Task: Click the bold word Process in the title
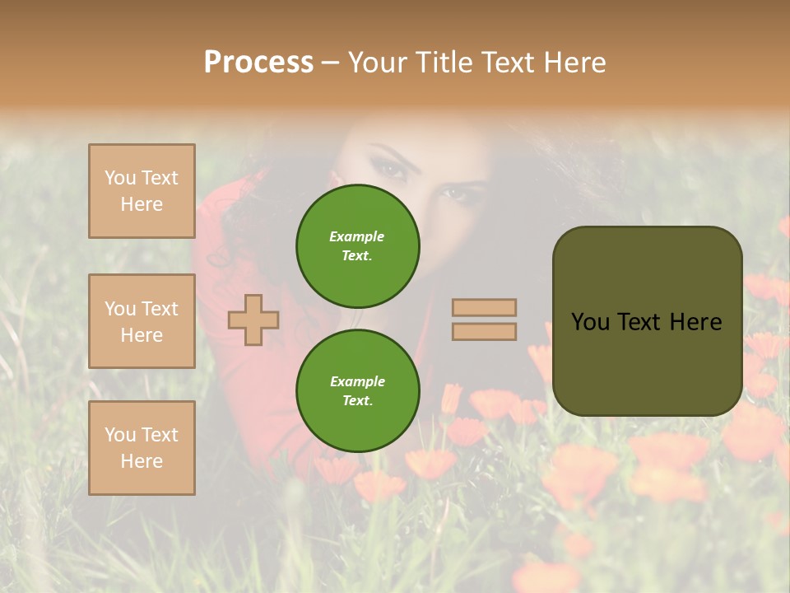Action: click(258, 63)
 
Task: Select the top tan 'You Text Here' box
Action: click(142, 191)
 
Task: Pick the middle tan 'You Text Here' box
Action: click(142, 321)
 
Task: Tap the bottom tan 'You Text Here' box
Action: click(142, 447)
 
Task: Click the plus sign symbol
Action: click(253, 320)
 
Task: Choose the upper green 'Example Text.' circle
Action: click(357, 246)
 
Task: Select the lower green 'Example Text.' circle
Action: click(357, 391)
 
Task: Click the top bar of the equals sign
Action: click(484, 308)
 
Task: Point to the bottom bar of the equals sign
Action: click(484, 331)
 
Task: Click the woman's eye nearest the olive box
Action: click(453, 194)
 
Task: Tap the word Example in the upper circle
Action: click(357, 236)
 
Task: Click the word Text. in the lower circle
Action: click(357, 401)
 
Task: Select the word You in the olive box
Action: click(589, 322)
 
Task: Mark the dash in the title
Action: click(330, 63)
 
